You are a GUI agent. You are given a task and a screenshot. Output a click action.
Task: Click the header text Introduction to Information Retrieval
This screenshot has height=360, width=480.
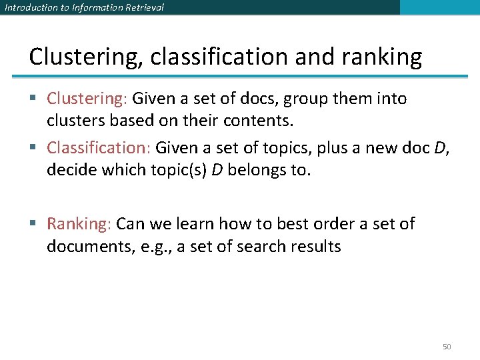point(84,7)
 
